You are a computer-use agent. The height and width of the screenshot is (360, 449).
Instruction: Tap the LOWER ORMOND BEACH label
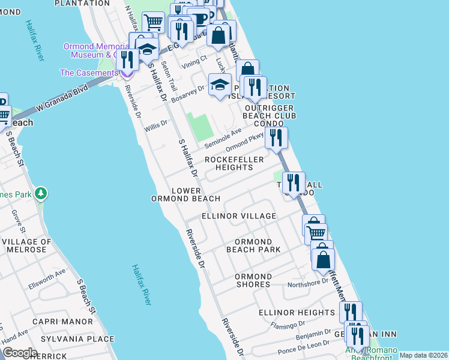(x=185, y=194)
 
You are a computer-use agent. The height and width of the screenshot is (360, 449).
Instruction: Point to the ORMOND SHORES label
(x=253, y=281)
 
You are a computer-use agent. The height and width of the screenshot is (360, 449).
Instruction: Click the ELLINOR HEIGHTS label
(x=297, y=313)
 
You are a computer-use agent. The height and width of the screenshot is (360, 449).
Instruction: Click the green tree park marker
(x=41, y=194)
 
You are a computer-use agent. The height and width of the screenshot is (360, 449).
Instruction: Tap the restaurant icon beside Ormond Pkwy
(x=276, y=138)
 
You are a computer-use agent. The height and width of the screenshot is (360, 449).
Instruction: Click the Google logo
(x=20, y=353)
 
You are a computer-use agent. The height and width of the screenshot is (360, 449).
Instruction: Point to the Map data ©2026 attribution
(x=423, y=355)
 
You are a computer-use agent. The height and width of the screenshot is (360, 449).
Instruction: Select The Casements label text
(x=88, y=73)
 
